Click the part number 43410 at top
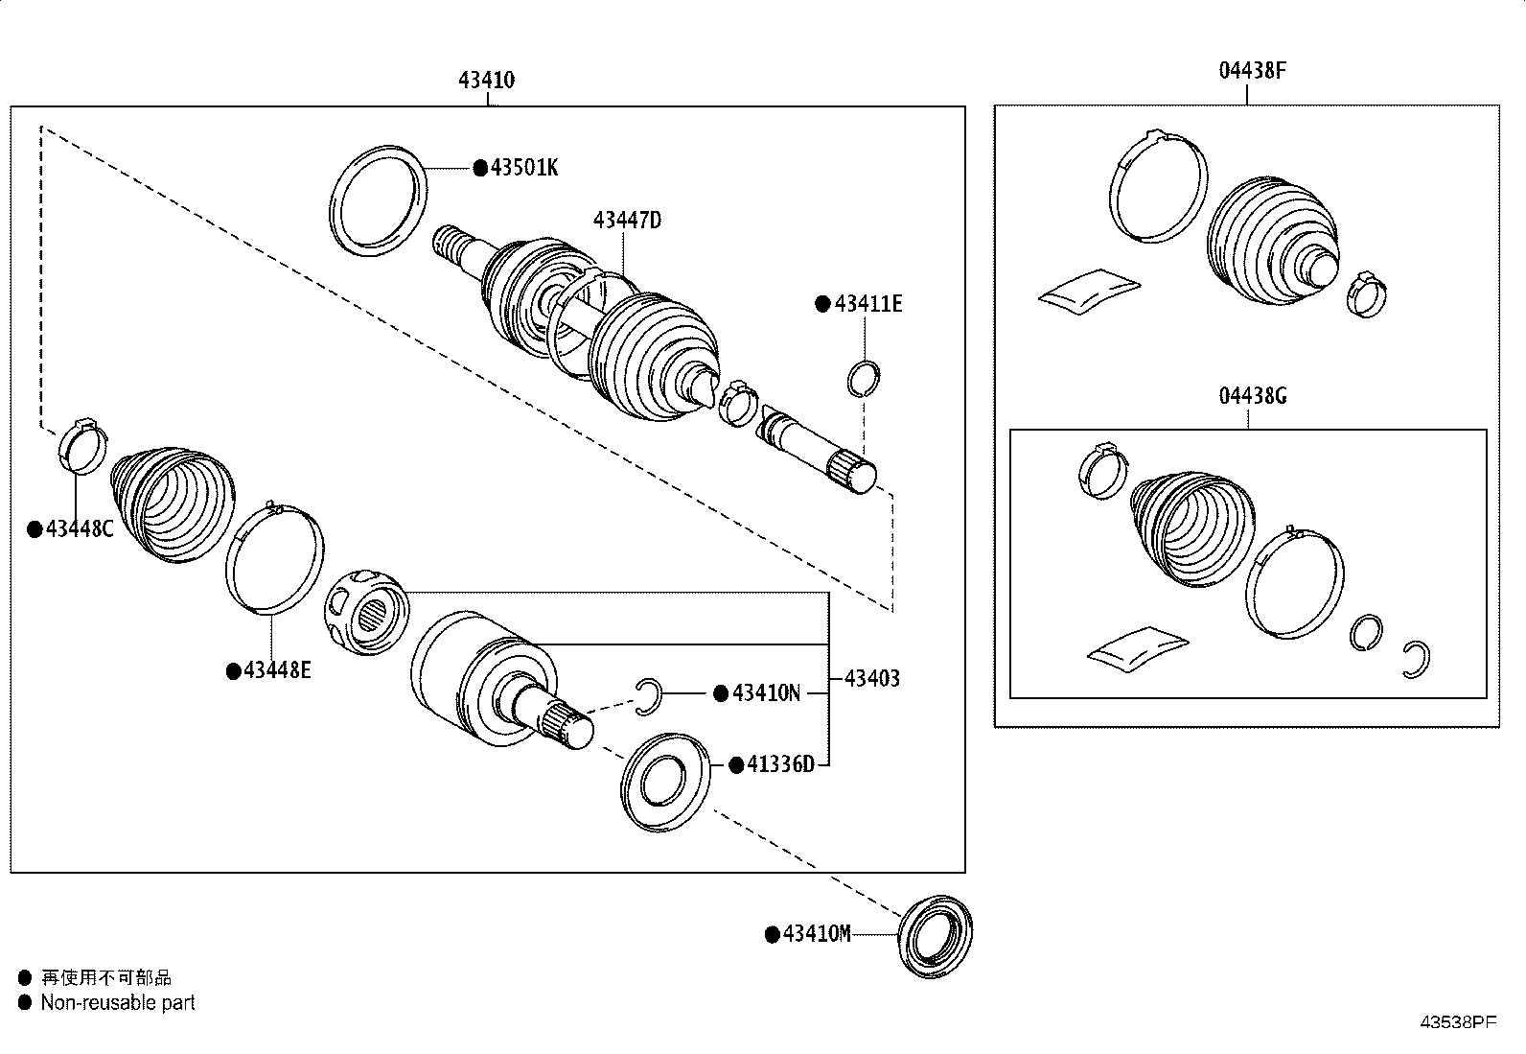tap(486, 80)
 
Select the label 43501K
tap(523, 168)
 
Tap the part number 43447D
tap(627, 221)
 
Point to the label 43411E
tap(867, 304)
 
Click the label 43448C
tap(79, 528)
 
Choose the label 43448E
tap(276, 670)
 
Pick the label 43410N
tap(765, 693)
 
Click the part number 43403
tap(871, 679)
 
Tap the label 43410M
tap(816, 934)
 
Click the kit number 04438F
tap(1253, 70)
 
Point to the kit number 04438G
tap(1253, 395)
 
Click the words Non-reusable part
tap(118, 1003)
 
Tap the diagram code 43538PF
tap(1457, 1022)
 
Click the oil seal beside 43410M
tap(937, 936)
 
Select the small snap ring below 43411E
tap(865, 377)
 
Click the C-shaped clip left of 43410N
tap(649, 695)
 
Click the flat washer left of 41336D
tap(666, 782)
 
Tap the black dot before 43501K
tap(480, 169)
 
